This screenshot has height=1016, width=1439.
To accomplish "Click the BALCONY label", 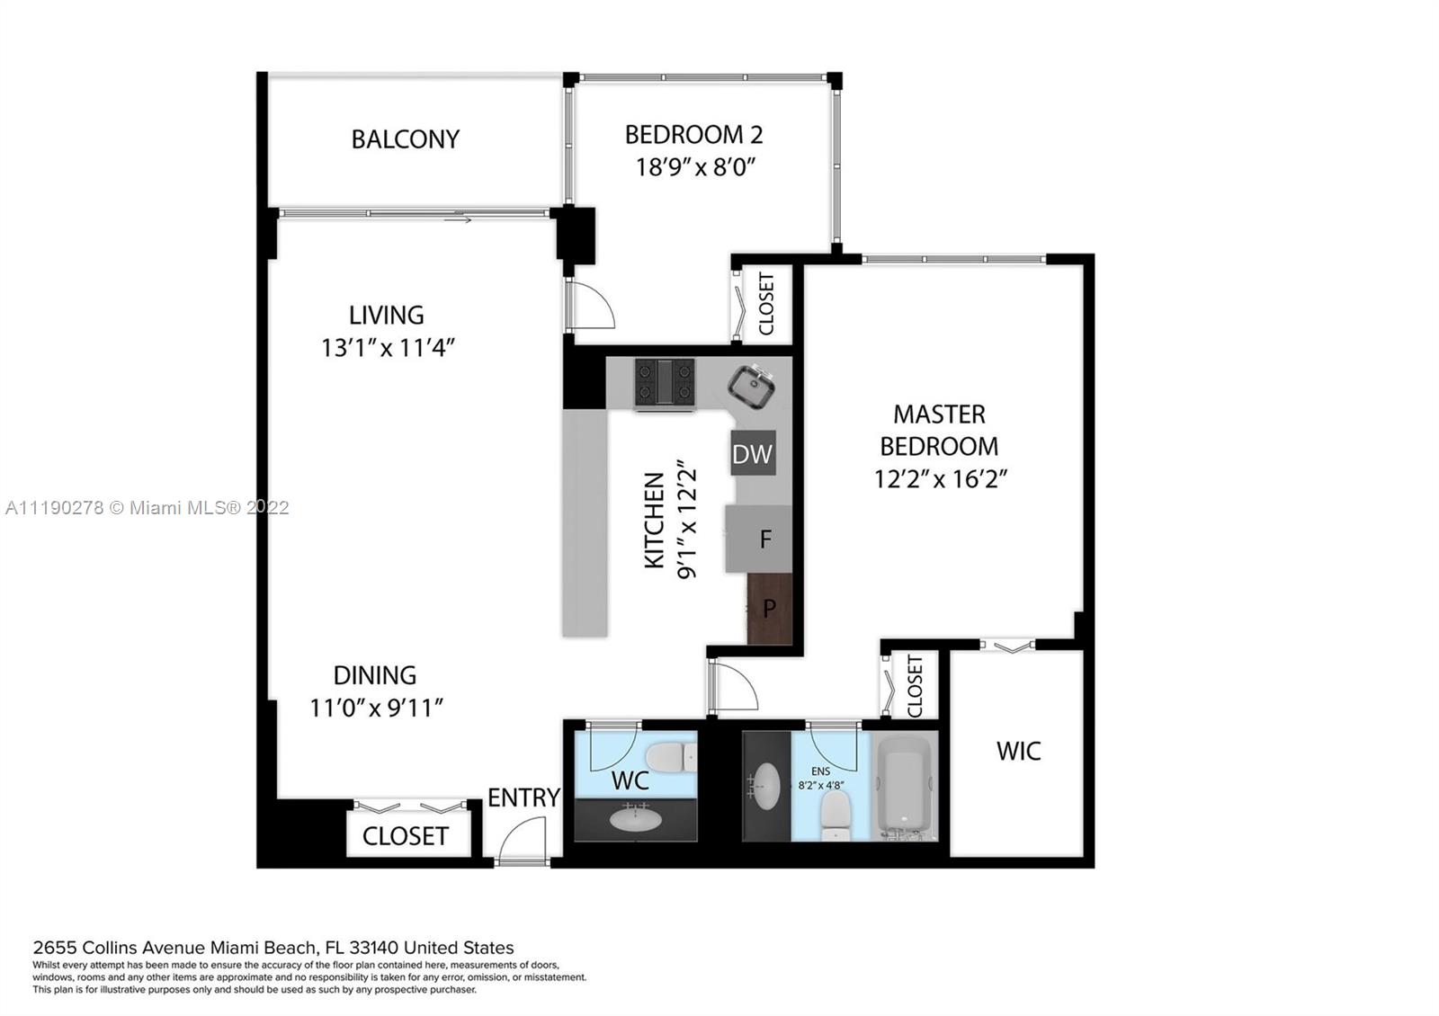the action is pos(406,139).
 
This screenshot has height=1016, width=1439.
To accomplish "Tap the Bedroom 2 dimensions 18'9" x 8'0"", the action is pos(695,167).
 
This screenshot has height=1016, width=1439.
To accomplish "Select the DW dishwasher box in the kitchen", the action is pos(752,453).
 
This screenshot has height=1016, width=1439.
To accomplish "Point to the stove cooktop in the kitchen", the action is pos(665,382).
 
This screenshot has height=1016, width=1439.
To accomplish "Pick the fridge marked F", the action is pos(759,539).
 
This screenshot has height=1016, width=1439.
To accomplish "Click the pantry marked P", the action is pos(770,608).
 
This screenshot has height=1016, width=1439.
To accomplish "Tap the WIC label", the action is pos(1018,751).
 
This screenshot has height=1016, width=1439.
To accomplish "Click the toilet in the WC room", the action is pos(671,756).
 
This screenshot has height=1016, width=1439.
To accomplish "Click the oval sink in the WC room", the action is pos(635,819).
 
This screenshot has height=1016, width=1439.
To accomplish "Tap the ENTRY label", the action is pos(523,798).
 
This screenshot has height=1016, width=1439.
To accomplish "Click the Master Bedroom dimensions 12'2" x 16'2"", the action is pos(940,479).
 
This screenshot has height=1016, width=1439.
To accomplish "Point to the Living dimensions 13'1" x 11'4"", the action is pos(388,348).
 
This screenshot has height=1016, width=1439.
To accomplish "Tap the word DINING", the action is pos(375,675).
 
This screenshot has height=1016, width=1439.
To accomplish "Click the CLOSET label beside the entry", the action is pos(406,836).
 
